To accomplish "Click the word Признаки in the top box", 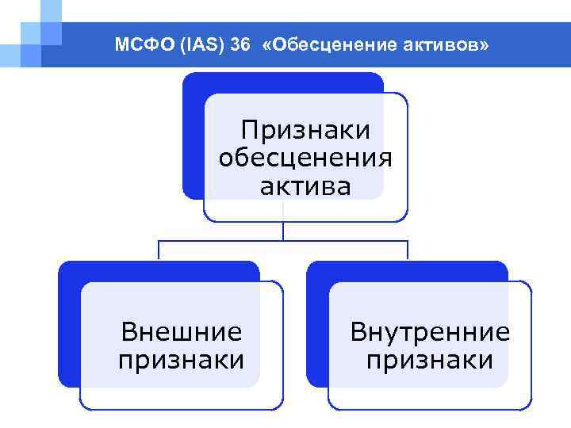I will click(305, 130).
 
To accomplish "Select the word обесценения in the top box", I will click(305, 158).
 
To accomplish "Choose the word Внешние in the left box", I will click(182, 331).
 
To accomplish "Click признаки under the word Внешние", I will click(182, 360).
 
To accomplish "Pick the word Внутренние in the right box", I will click(430, 331).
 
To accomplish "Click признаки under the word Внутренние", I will click(430, 360).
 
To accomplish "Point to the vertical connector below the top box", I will click(284, 230).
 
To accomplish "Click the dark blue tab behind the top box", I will click(193, 135).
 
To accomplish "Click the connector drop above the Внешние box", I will click(159, 250).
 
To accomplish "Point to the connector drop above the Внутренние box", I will click(408, 250).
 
